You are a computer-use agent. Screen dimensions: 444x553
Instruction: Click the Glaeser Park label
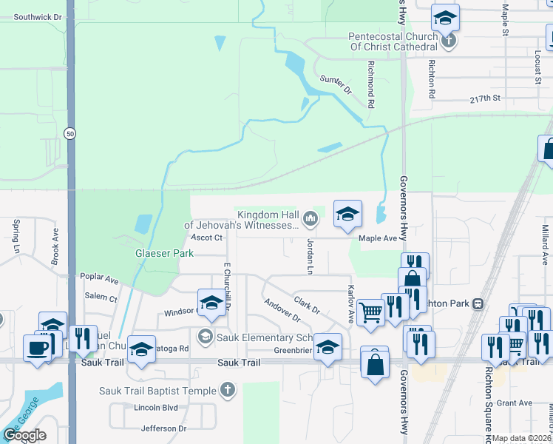[x=163, y=253]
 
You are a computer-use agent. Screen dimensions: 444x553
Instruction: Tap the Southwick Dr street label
[x=38, y=16]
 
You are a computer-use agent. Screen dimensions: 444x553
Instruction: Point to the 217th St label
[x=485, y=98]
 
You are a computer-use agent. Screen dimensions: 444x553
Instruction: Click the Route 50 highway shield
[x=69, y=134]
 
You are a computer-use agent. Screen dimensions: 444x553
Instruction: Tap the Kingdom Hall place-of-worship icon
[x=311, y=218]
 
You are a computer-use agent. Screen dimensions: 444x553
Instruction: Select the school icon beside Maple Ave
[x=347, y=215]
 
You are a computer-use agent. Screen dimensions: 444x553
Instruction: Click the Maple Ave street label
[x=378, y=238]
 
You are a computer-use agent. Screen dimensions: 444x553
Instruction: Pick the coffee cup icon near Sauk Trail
[x=37, y=346]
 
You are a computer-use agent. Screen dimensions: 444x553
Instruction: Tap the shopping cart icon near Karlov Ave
[x=370, y=311]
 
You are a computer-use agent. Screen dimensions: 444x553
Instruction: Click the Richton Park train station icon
[x=478, y=303]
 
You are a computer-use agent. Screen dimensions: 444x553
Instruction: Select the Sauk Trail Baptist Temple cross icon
[x=228, y=389]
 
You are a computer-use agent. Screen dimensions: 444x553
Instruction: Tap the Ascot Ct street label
[x=206, y=238]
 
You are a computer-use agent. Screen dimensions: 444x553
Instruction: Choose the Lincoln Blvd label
[x=156, y=408]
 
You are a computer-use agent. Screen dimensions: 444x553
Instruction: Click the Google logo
[x=24, y=435]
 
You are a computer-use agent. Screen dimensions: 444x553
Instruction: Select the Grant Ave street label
[x=515, y=403]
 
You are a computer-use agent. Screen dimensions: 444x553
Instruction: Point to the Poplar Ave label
[x=99, y=279]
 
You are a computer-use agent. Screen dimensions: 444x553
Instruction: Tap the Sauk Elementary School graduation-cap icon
[x=206, y=337]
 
